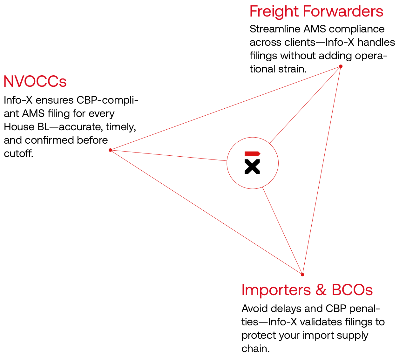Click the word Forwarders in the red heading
pyautogui.click(x=343, y=11)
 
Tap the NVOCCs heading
pyautogui.click(x=35, y=81)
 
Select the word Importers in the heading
pyautogui.click(x=276, y=290)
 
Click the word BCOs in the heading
pyautogui.click(x=352, y=290)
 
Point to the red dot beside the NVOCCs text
pyautogui.click(x=110, y=150)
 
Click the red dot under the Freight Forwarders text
pyautogui.click(x=341, y=66)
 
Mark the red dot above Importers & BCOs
pyautogui.click(x=302, y=275)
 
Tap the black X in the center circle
pyautogui.click(x=252, y=166)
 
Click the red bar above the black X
pyautogui.click(x=252, y=154)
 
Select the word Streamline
pyautogui.click(x=275, y=29)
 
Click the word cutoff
pyautogui.click(x=18, y=153)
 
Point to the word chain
pyautogui.click(x=255, y=349)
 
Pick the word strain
pyautogui.click(x=292, y=69)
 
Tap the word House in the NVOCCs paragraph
pyautogui.click(x=19, y=127)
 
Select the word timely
pyautogui.click(x=121, y=127)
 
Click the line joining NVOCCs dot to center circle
pyautogui.click(x=169, y=155)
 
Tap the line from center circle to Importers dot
pyautogui.click(x=282, y=231)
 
